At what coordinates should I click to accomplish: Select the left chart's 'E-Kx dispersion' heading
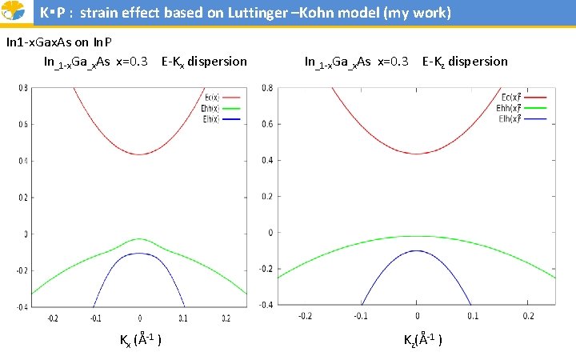[x=204, y=62]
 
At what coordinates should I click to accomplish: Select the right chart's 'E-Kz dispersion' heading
[x=465, y=62]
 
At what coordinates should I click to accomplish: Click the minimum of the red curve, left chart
[x=140, y=154]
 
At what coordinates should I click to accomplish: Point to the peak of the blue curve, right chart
[x=417, y=250]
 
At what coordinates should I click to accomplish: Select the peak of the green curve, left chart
[x=140, y=238]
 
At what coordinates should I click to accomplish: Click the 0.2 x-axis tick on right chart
[x=528, y=317]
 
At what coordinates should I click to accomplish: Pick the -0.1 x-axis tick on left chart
[x=96, y=318]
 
